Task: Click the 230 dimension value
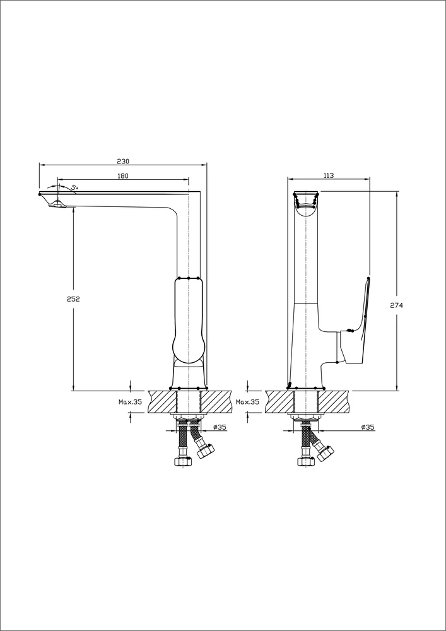tap(123, 161)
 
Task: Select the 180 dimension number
tap(122, 175)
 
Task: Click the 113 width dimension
tap(328, 175)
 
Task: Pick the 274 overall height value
tap(397, 305)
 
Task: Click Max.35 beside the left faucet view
tap(131, 401)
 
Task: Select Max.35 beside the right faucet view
tap(247, 401)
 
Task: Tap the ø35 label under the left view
tap(220, 427)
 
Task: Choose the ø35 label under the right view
tap(368, 427)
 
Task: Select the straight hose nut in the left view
tap(183, 462)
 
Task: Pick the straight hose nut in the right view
tap(306, 462)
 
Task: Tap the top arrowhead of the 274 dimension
tap(397, 194)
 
